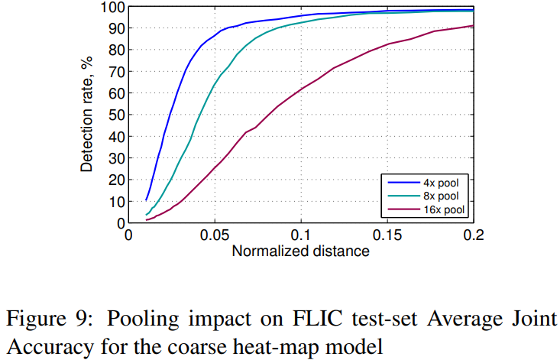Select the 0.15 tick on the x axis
(x=387, y=235)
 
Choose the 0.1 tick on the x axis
(x=301, y=235)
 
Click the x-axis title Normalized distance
(x=300, y=251)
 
